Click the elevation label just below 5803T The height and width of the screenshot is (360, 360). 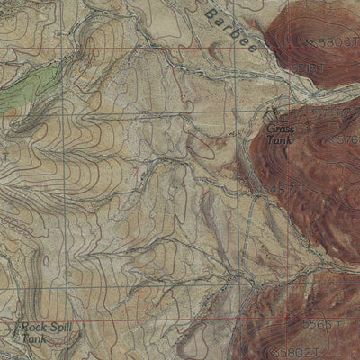coord(328,67)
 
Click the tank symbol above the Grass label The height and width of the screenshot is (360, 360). coord(273,112)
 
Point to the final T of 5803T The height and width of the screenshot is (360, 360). coord(356,41)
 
